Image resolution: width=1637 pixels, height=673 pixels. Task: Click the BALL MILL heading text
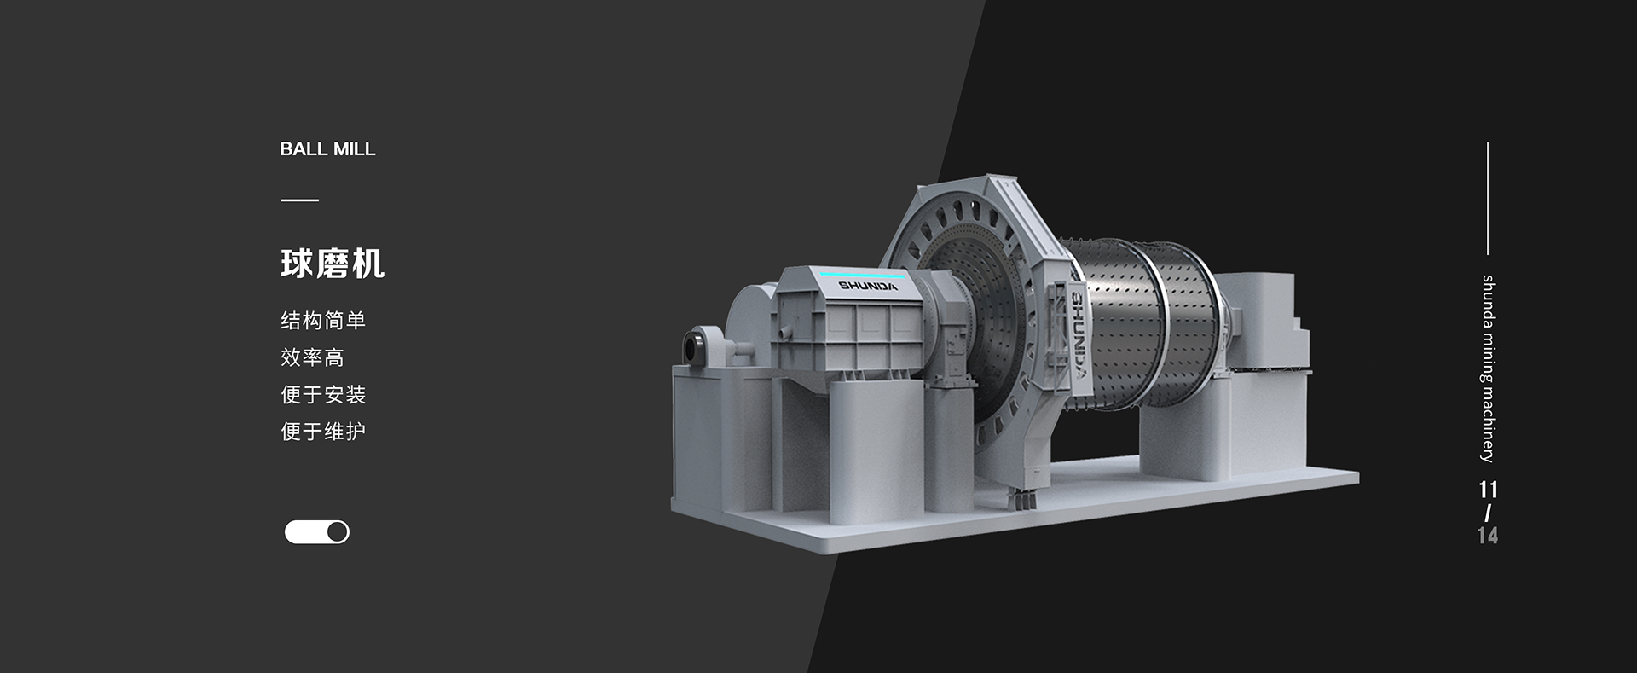pyautogui.click(x=327, y=149)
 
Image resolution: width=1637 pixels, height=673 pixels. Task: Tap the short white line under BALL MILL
pyautogui.click(x=300, y=200)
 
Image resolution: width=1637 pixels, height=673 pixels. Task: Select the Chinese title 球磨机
pyautogui.click(x=333, y=264)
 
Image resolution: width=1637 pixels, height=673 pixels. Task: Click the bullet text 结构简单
pyautogui.click(x=323, y=321)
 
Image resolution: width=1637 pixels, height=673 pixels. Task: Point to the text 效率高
pyautogui.click(x=312, y=357)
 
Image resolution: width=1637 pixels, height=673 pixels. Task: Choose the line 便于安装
pyautogui.click(x=323, y=394)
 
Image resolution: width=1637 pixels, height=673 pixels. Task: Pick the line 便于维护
pyautogui.click(x=323, y=432)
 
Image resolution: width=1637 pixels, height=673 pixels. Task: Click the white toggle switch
pyautogui.click(x=316, y=532)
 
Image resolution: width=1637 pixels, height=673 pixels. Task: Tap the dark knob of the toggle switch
pyautogui.click(x=338, y=532)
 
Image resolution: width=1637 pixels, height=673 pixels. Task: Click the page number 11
pyautogui.click(x=1488, y=490)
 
